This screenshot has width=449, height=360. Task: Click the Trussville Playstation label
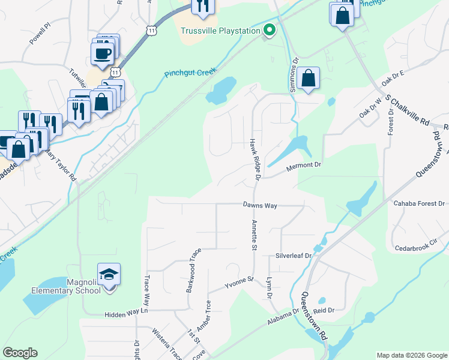(x=220, y=31)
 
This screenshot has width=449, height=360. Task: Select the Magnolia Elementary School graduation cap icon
(x=109, y=275)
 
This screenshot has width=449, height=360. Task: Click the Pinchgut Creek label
(x=190, y=73)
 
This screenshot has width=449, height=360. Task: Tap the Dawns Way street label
(x=259, y=205)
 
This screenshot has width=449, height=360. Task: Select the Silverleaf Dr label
(x=294, y=255)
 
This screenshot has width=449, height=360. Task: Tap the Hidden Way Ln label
(x=125, y=313)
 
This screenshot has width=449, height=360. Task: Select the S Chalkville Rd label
(x=408, y=110)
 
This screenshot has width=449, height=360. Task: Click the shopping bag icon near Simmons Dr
(x=308, y=78)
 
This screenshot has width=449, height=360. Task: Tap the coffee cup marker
(x=102, y=53)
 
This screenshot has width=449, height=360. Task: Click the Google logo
(x=20, y=353)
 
